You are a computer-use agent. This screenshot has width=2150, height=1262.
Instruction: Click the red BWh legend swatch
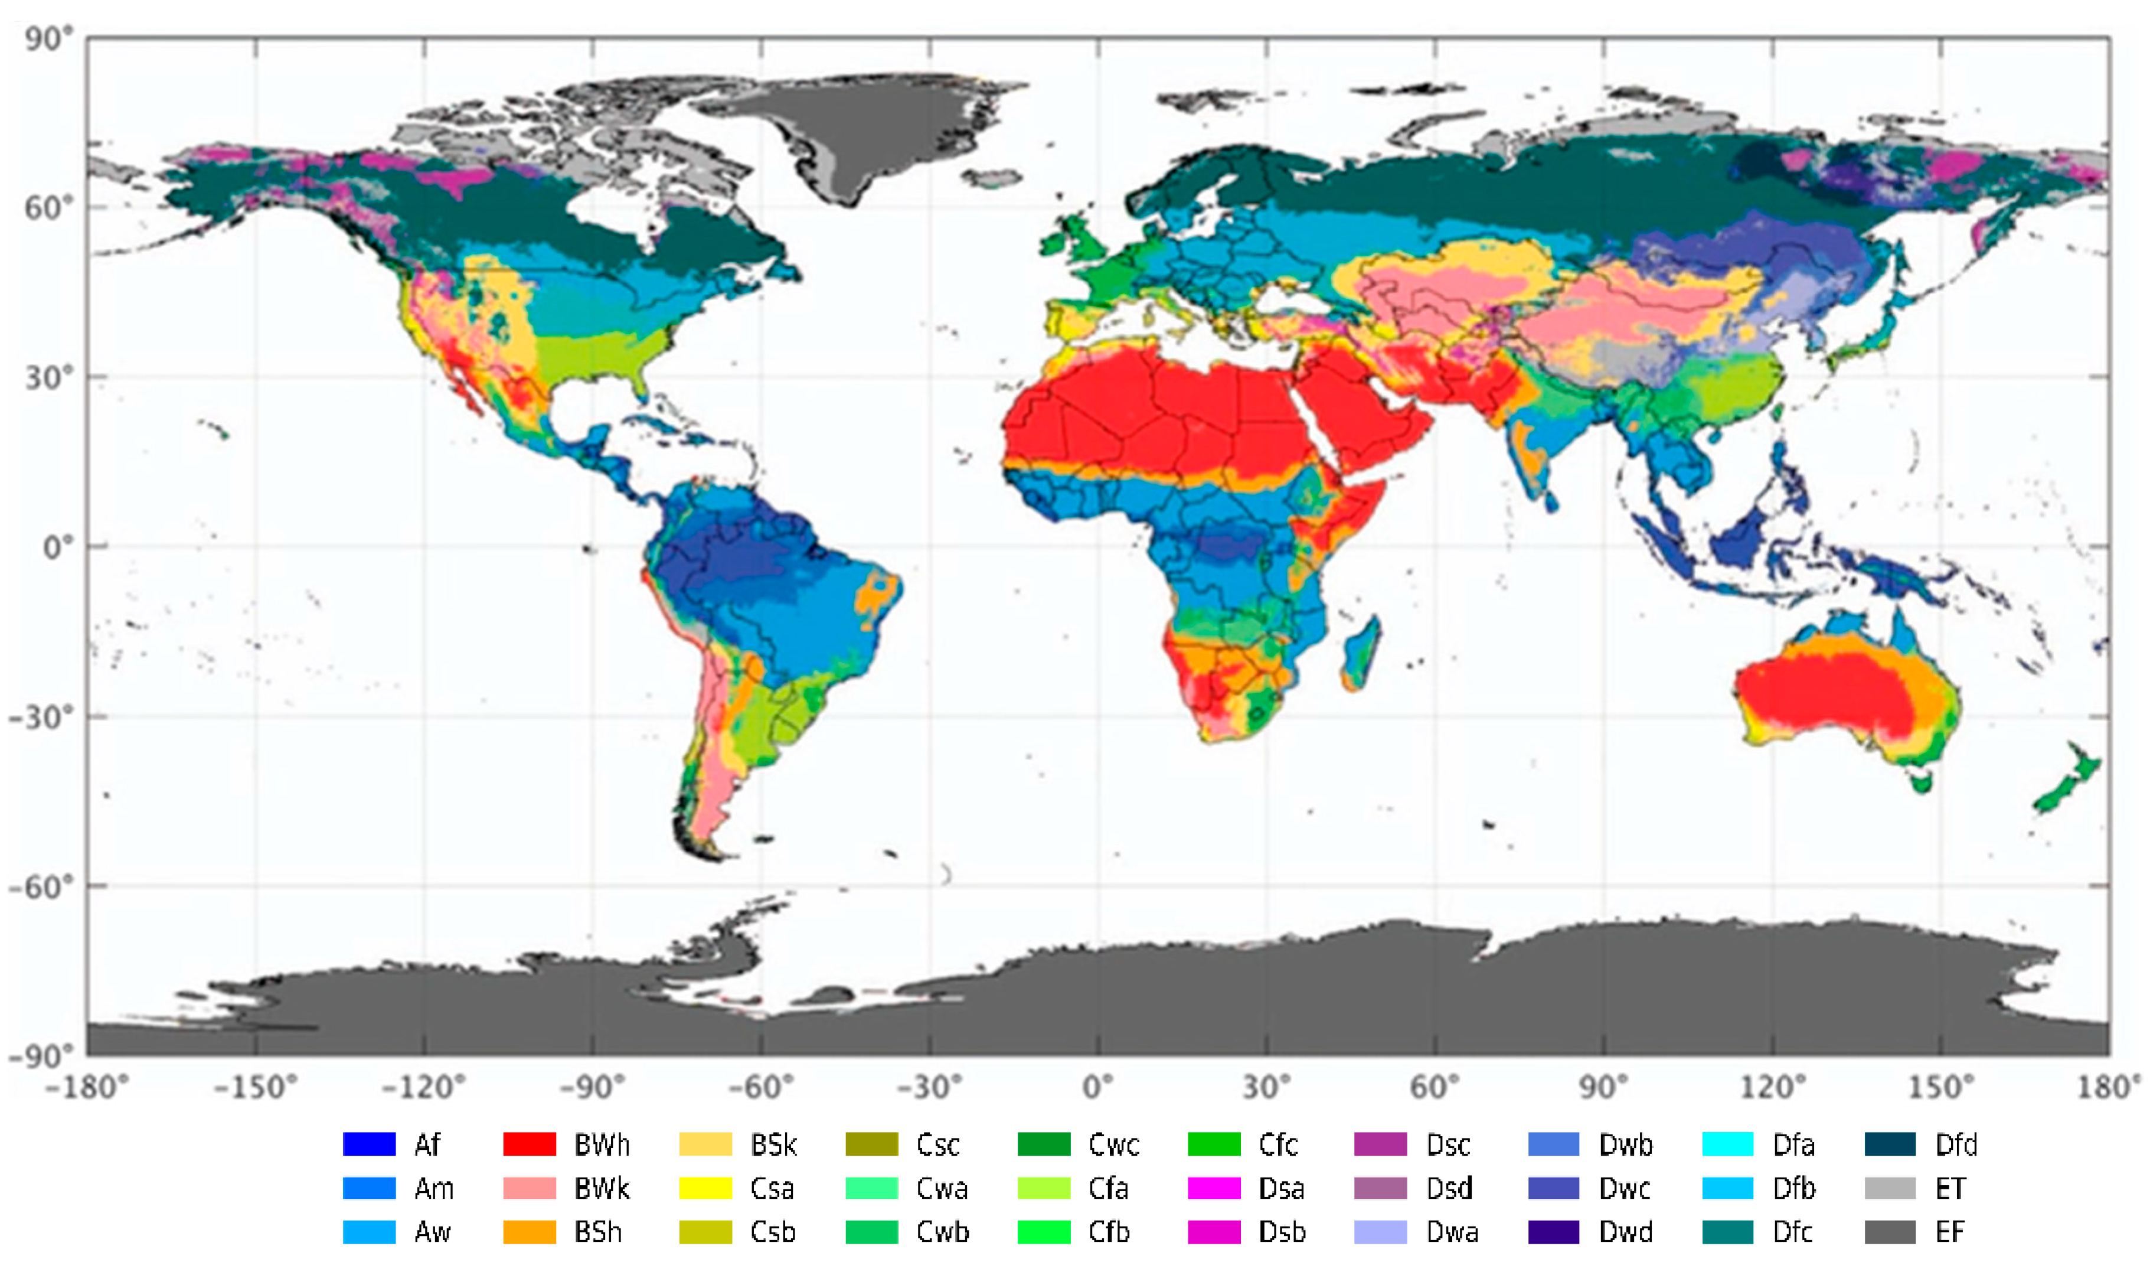pyautogui.click(x=529, y=1143)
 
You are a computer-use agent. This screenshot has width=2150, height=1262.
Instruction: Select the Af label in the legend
pyautogui.click(x=427, y=1144)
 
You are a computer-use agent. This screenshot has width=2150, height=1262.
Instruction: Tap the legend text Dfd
pyautogui.click(x=1955, y=1144)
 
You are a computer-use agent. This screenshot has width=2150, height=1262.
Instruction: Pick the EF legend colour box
pyautogui.click(x=1890, y=1231)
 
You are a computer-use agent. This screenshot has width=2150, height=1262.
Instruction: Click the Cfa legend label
pyautogui.click(x=1108, y=1188)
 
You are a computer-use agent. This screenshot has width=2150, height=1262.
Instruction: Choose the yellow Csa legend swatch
pyautogui.click(x=705, y=1188)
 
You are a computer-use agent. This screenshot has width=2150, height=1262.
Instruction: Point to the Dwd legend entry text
pyautogui.click(x=1625, y=1231)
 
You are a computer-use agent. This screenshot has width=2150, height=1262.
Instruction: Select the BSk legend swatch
pyautogui.click(x=705, y=1143)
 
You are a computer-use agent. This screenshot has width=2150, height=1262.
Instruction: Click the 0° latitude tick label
pyautogui.click(x=58, y=547)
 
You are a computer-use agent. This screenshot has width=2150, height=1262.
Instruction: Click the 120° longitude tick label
pyautogui.click(x=1772, y=1087)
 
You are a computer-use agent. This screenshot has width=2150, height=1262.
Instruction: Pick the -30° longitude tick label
pyautogui.click(x=929, y=1087)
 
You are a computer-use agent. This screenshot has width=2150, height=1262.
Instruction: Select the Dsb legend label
pyautogui.click(x=1282, y=1231)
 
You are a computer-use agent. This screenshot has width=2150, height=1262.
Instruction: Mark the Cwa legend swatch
pyautogui.click(x=871, y=1188)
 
